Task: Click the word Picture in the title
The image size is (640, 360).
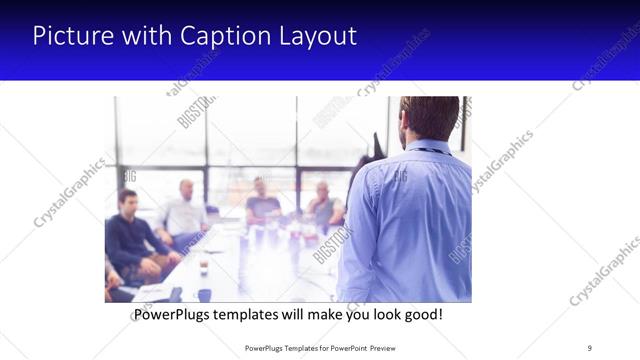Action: pyautogui.click(x=72, y=36)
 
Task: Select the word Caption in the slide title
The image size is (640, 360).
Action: pyautogui.click(x=216, y=36)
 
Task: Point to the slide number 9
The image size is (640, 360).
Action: pyautogui.click(x=589, y=347)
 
